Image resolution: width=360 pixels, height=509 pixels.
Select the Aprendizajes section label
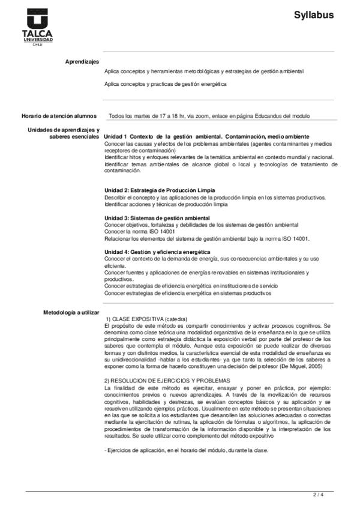pyautogui.click(x=82, y=62)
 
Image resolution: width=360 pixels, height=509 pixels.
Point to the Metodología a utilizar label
pyautogui.click(x=71, y=313)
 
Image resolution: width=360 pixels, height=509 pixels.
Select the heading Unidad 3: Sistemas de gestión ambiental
pyautogui.click(x=157, y=217)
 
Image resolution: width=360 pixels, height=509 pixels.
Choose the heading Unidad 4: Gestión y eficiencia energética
pyautogui.click(x=158, y=251)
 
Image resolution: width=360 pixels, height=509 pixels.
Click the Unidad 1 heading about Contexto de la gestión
pyautogui.click(x=207, y=136)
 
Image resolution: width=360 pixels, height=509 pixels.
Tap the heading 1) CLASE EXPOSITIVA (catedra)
pyautogui.click(x=146, y=318)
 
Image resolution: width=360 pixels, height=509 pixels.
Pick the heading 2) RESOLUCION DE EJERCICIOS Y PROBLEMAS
pyautogui.click(x=167, y=381)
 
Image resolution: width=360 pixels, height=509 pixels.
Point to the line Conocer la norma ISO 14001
pyautogui.click(x=140, y=231)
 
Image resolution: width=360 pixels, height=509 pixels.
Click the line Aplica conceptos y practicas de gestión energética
pyautogui.click(x=166, y=85)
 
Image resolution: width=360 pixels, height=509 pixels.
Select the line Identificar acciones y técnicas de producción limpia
pyautogui.click(x=166, y=204)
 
